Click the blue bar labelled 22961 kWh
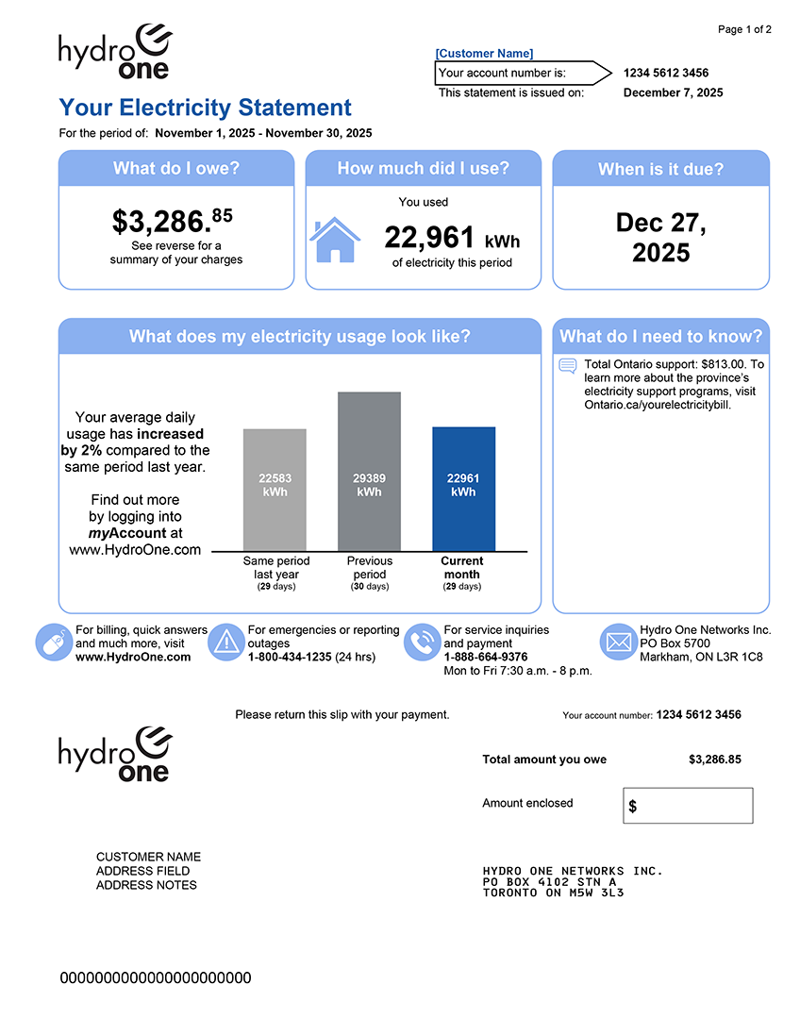coord(463,489)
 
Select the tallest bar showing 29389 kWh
coord(369,471)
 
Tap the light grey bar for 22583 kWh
coord(275,489)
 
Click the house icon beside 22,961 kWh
coord(335,241)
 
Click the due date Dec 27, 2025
coord(660,238)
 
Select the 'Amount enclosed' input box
coord(689,806)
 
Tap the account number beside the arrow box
coord(666,73)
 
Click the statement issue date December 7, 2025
coord(674,92)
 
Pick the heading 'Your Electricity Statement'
coord(205,108)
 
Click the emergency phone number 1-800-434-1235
coord(290,657)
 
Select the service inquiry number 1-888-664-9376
coord(486,657)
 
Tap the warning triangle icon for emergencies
coord(226,643)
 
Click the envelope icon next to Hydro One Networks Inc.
coord(618,643)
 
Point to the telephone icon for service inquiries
coord(422,643)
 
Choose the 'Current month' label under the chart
coord(461,567)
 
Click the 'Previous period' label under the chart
coord(369,567)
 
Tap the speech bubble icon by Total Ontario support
coord(568,366)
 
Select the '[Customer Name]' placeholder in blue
coord(484,54)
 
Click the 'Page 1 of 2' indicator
coord(744,30)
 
